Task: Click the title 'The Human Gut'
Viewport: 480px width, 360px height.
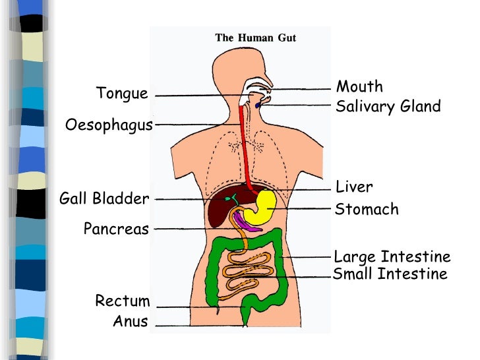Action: [256, 38]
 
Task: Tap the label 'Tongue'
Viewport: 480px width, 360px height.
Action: [122, 93]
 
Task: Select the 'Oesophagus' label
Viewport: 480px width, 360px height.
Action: [109, 125]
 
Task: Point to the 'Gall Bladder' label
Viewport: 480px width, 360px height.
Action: [104, 198]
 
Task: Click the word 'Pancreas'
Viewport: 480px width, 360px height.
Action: [116, 229]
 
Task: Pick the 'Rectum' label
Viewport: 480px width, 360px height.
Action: [123, 301]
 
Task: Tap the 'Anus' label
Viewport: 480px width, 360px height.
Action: [131, 322]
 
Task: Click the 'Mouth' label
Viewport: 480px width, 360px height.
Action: [359, 86]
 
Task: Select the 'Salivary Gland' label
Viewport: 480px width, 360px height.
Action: [388, 107]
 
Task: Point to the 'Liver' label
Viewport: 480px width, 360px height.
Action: [354, 187]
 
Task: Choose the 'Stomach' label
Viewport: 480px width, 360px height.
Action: [367, 210]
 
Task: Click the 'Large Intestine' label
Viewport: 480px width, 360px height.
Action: [392, 256]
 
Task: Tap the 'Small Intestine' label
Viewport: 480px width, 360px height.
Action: [390, 274]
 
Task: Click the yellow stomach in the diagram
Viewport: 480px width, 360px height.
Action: [262, 206]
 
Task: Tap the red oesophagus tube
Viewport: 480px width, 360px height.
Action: [245, 145]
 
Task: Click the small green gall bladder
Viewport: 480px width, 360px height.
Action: [231, 198]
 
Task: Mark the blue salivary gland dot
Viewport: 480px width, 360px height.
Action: [257, 105]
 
